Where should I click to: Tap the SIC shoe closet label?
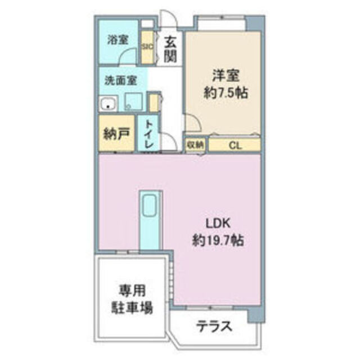147,47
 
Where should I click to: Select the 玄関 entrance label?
171,48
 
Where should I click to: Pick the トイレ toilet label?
149,134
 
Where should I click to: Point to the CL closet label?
235,145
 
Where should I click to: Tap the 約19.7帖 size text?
217,241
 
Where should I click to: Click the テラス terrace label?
214,326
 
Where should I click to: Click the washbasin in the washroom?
108,104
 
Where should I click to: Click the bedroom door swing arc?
191,121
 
